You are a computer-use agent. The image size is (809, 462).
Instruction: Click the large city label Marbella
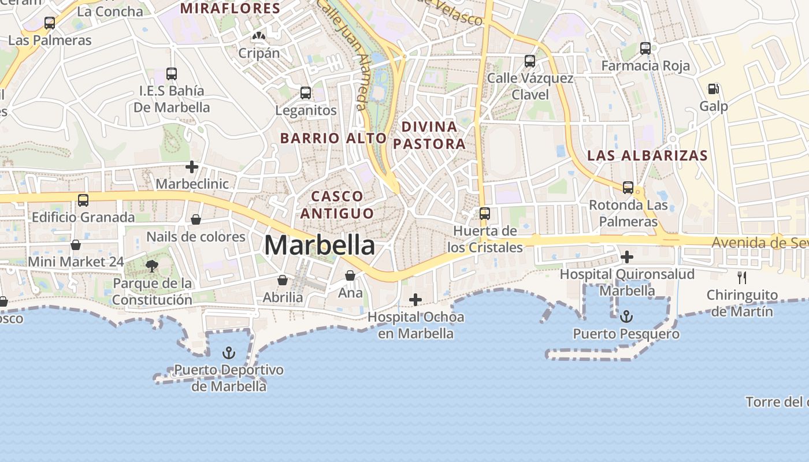point(320,245)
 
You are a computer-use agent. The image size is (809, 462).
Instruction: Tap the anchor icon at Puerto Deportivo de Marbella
point(229,352)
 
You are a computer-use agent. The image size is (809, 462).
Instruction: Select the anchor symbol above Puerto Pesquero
point(626,316)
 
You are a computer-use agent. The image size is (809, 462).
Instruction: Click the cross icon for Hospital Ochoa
point(415,299)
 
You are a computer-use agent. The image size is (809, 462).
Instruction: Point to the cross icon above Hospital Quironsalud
point(627,256)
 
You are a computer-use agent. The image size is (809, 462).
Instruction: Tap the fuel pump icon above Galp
point(714,89)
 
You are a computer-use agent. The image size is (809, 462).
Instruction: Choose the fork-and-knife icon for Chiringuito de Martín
point(742,277)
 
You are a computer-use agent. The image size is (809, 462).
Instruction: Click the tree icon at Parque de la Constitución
point(152,266)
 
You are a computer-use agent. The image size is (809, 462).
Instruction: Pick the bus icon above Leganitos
point(306,92)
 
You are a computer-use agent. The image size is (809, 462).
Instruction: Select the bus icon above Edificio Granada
point(83,200)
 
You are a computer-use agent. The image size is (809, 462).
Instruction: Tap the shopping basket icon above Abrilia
point(283,280)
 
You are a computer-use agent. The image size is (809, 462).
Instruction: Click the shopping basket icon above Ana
point(350,275)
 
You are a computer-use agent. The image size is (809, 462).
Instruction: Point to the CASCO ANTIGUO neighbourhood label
point(337,205)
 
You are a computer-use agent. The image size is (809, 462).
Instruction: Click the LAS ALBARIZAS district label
point(647,155)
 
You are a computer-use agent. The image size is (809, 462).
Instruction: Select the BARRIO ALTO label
point(333,138)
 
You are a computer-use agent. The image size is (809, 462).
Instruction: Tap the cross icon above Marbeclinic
point(192,167)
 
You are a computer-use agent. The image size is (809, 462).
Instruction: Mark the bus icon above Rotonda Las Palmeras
point(628,187)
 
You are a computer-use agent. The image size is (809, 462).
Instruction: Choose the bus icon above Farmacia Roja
point(645,49)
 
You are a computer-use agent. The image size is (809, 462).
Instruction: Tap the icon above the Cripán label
point(259,36)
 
